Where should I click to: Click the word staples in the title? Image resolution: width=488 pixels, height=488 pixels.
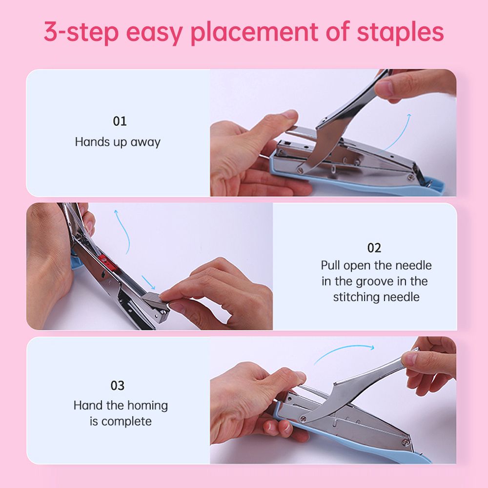coord(400,32)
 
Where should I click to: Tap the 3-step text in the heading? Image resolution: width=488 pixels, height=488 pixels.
coord(81,33)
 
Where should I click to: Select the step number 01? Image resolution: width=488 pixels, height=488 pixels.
coord(120,121)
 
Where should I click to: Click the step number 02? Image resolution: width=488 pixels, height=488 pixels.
coord(374,248)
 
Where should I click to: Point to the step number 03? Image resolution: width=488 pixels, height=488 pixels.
coord(118,386)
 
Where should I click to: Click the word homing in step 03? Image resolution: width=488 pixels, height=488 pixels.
coord(147,406)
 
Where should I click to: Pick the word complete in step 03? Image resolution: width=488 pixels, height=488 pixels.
coord(126,422)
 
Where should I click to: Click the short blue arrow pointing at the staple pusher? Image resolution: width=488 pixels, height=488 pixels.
coord(148,282)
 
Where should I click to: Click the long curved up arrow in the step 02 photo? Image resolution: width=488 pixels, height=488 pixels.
coord(123,232)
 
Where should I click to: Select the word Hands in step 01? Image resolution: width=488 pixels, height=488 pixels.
coord(92,142)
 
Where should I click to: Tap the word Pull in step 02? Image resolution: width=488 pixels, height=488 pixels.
coord(330,265)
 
